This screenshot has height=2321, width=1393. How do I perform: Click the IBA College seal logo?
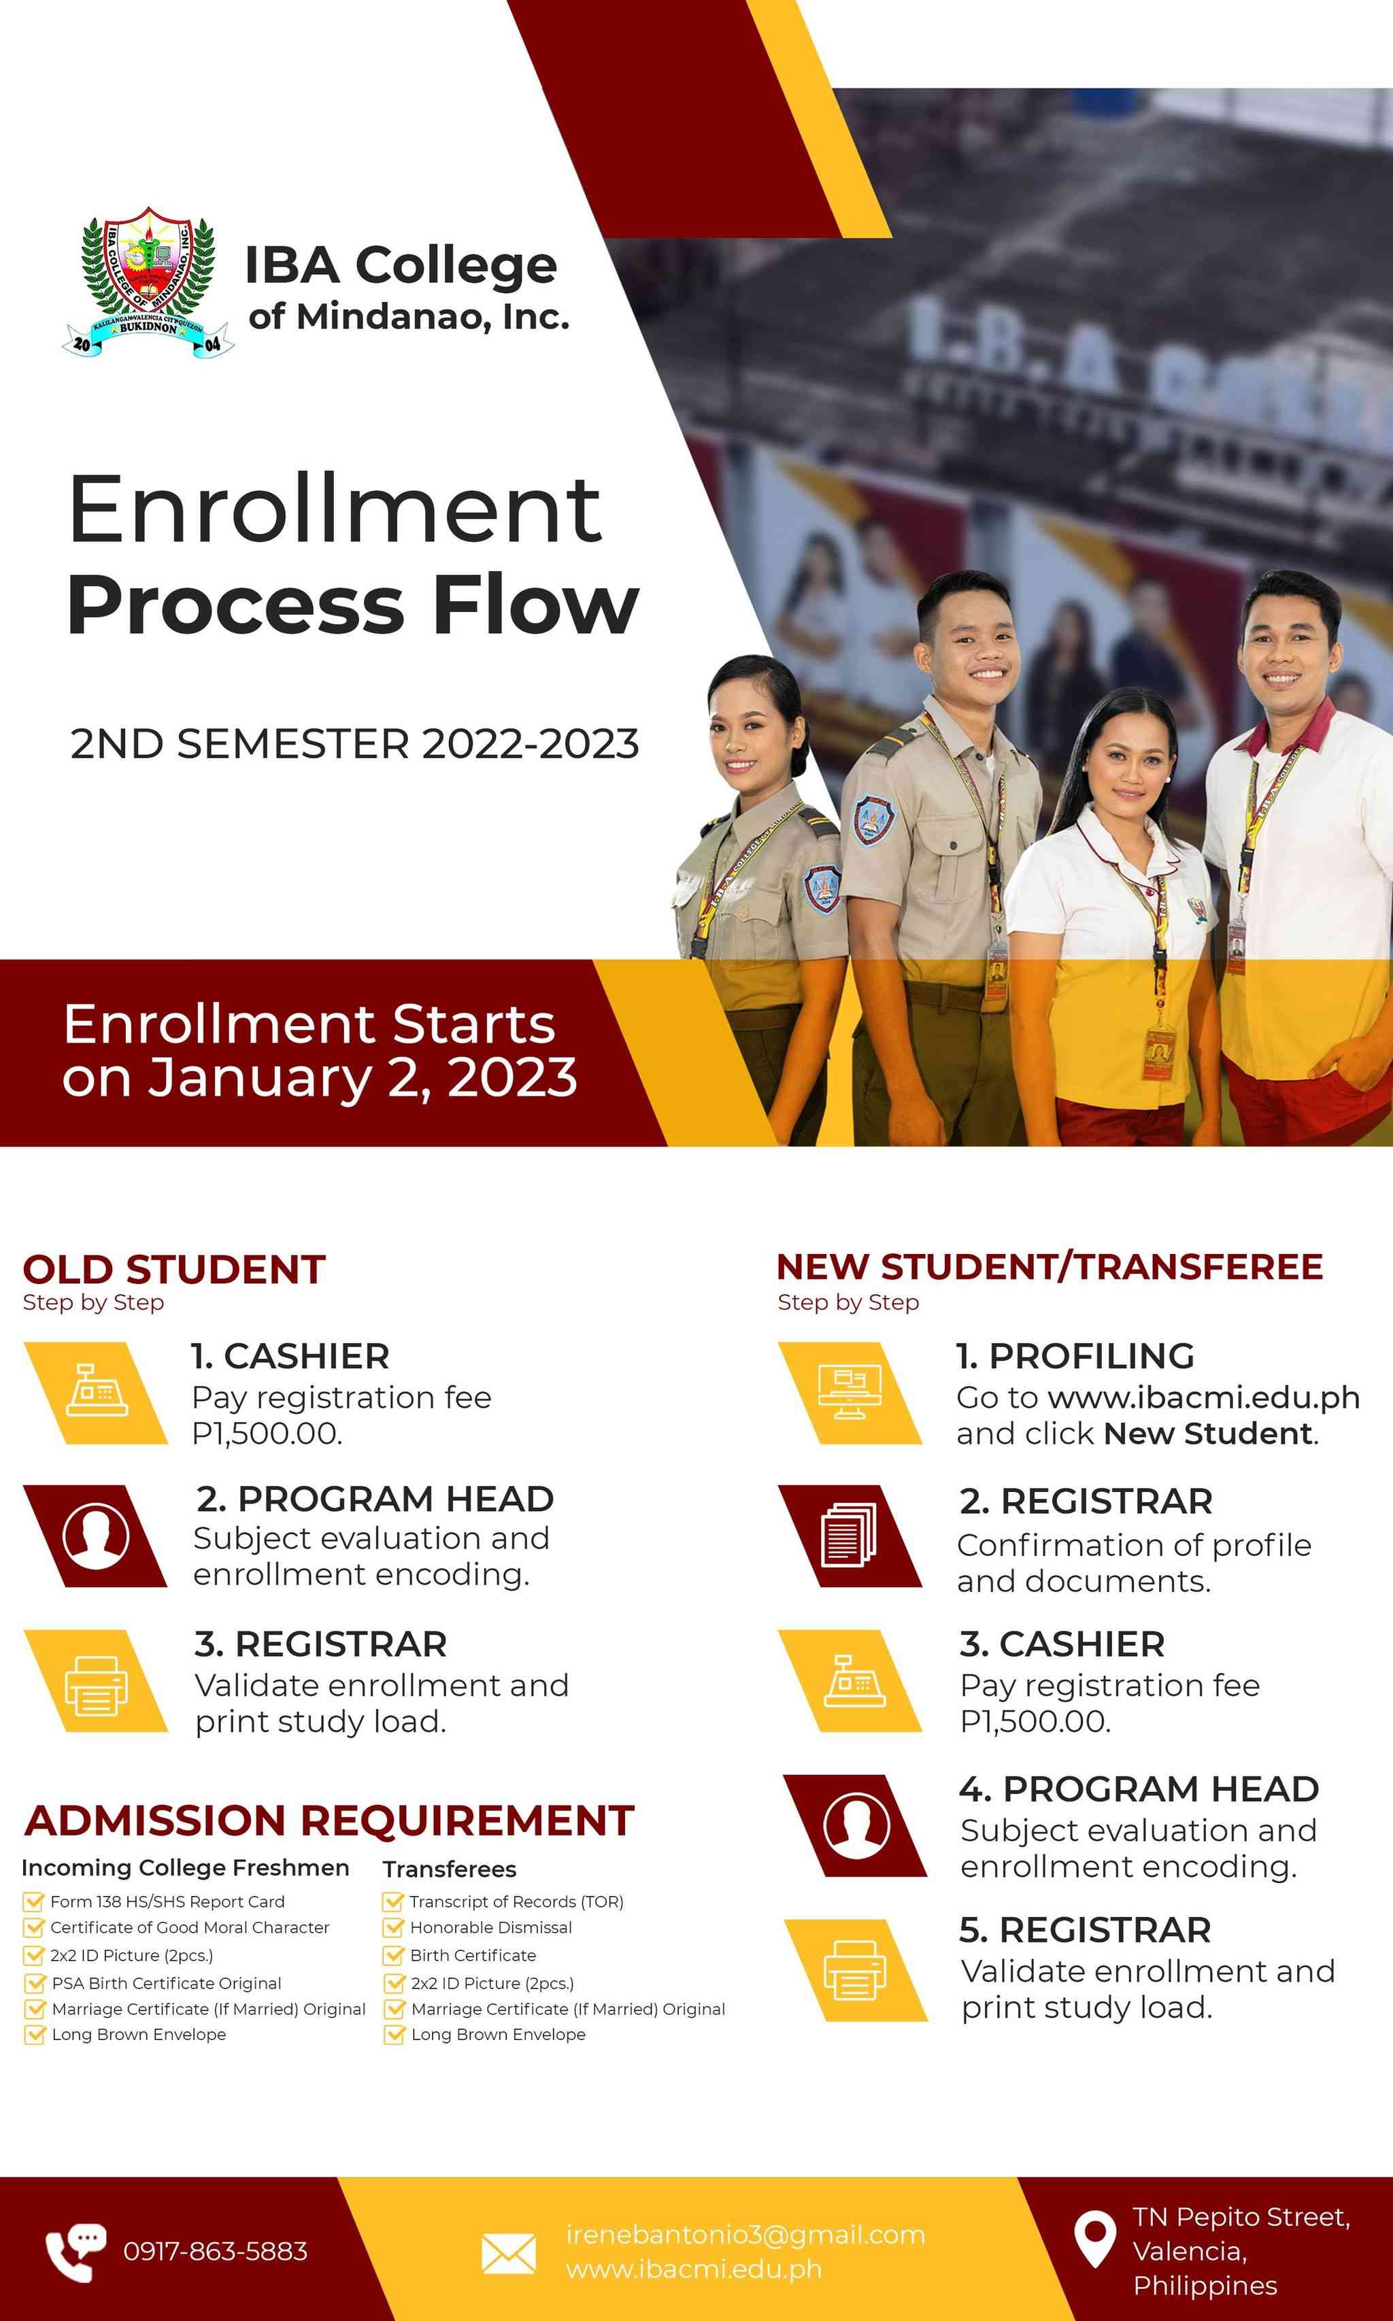point(148,282)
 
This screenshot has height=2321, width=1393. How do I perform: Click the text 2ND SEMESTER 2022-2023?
point(355,744)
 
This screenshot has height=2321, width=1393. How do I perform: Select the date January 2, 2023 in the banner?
point(363,1077)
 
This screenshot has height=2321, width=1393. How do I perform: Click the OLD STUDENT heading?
point(175,1270)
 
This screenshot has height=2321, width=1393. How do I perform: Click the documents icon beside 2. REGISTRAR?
point(849,1536)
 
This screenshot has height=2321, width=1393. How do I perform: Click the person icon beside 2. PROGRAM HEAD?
point(96,1536)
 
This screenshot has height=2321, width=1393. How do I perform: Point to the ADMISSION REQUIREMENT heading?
point(329,1820)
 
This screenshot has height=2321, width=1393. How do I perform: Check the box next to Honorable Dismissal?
point(393,1928)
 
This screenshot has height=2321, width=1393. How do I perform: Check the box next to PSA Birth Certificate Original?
point(35,1983)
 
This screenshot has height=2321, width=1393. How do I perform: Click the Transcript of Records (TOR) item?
point(516,1901)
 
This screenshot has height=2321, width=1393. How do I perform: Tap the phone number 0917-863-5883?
point(215,2250)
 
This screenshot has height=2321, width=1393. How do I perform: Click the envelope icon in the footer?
point(509,2254)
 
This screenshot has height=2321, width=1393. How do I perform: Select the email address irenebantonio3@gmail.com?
point(745,2235)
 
